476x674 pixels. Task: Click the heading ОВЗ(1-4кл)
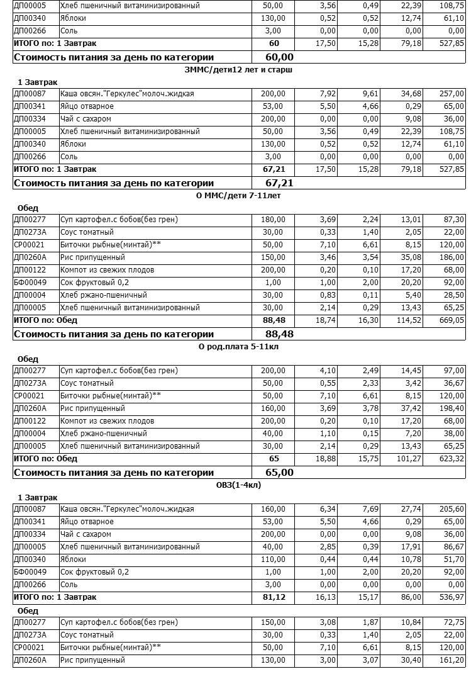coord(238,485)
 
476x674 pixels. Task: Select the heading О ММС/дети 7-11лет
coord(238,196)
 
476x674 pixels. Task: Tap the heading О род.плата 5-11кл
coord(238,347)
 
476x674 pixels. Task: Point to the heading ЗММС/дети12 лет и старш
coord(238,70)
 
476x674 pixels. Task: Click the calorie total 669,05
coord(451,320)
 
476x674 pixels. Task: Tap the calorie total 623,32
coord(451,459)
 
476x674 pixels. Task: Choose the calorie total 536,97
coord(451,597)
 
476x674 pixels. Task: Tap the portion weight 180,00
coord(274,220)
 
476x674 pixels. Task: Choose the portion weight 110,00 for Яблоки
coord(274,559)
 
